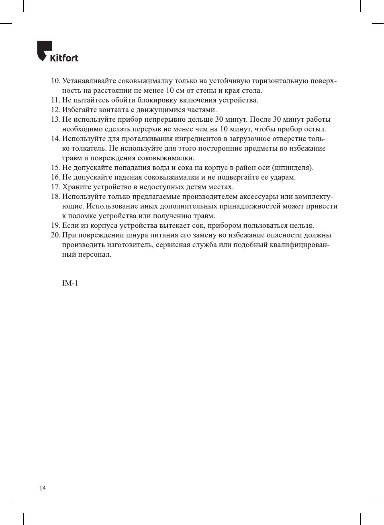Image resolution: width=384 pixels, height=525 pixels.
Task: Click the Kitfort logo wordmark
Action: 64,58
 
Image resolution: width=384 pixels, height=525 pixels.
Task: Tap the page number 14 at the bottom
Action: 43,488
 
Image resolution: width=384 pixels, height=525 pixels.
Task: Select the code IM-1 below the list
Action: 70,283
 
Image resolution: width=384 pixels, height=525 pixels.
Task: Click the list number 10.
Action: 55,81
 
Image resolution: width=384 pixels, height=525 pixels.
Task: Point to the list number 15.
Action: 55,168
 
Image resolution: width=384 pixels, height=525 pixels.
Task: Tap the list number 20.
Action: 55,235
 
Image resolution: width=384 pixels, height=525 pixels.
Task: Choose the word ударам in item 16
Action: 283,177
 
